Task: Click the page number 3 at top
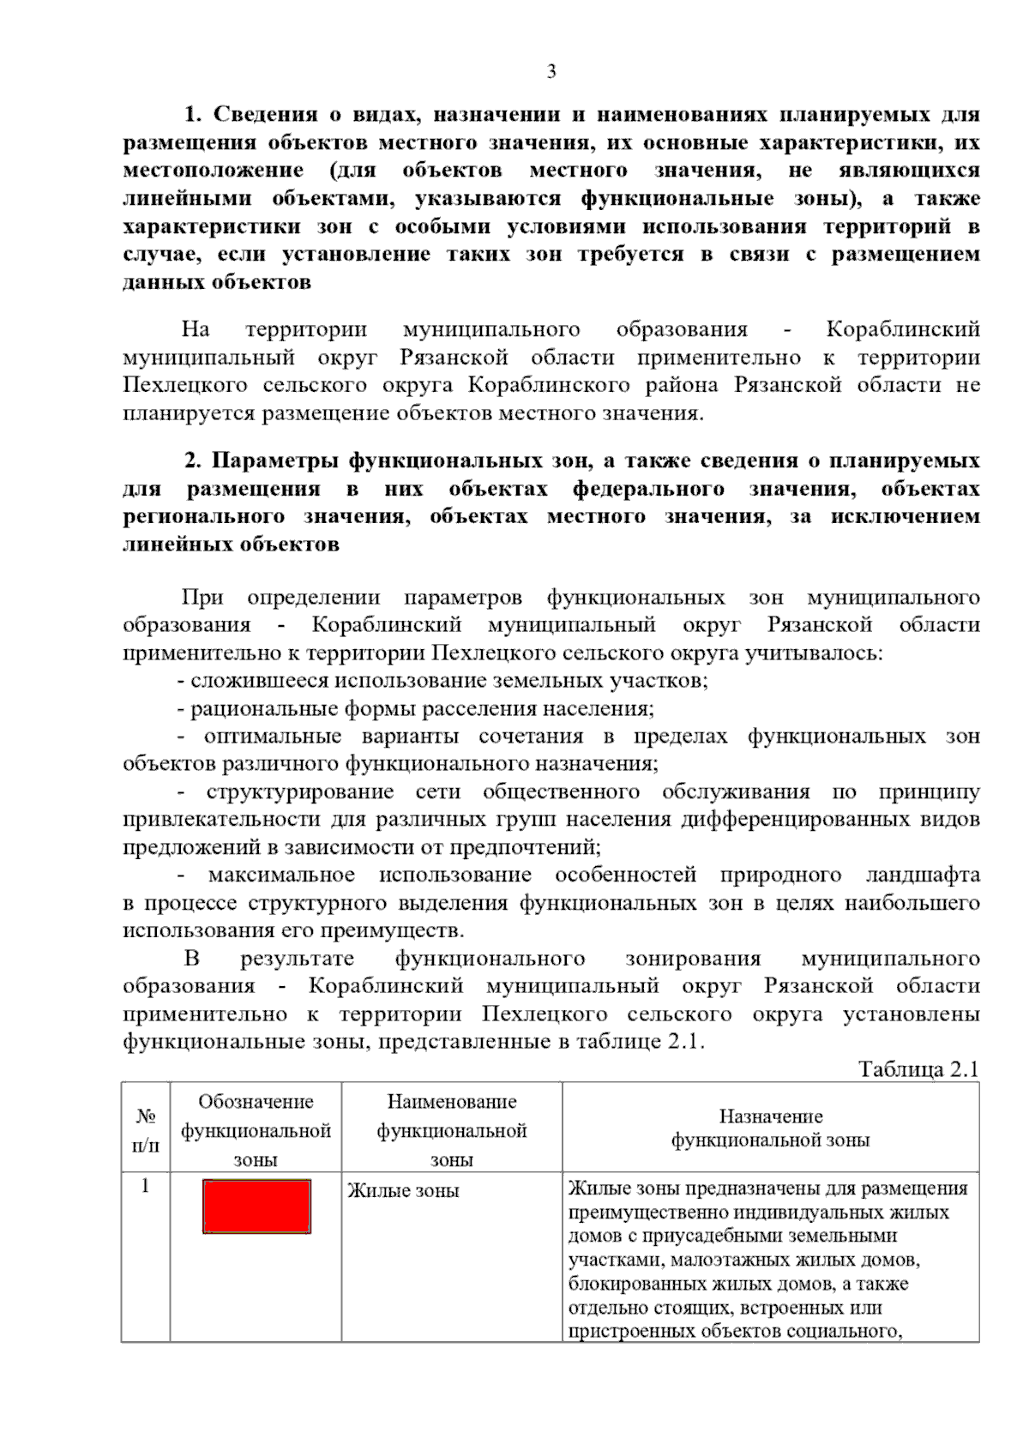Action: [x=551, y=72]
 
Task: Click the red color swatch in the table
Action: [x=256, y=1206]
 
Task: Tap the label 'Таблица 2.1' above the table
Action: [x=918, y=1069]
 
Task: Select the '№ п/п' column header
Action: [x=146, y=1129]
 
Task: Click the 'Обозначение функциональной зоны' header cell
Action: [x=256, y=1130]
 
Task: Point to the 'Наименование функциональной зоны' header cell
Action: [x=452, y=1130]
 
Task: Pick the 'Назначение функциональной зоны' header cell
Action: [x=770, y=1128]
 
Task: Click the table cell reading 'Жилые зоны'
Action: [x=403, y=1191]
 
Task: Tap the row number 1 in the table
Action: [x=146, y=1187]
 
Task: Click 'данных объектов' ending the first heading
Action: [x=216, y=282]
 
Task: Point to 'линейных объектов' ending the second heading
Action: [x=231, y=544]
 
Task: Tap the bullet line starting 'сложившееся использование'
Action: [x=442, y=682]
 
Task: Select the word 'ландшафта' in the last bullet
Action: [x=929, y=875]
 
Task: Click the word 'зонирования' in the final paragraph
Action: [x=693, y=959]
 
